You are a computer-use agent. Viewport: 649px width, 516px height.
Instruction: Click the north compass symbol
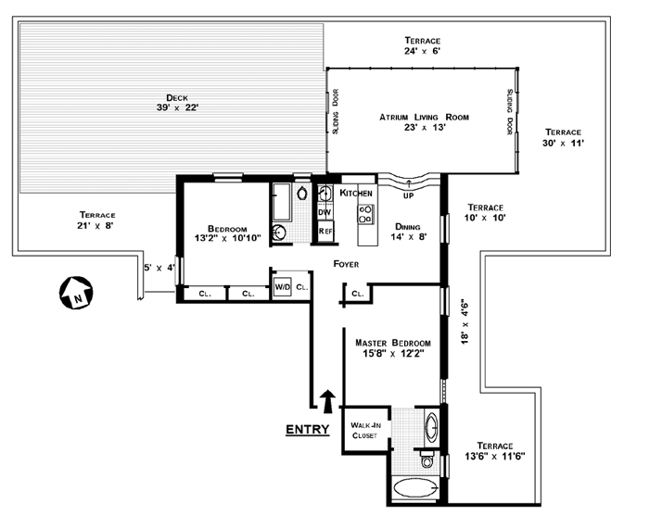pos(76,293)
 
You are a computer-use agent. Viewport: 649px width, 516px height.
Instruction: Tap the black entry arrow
pos(328,401)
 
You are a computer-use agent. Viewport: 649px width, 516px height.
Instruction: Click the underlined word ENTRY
pos(308,430)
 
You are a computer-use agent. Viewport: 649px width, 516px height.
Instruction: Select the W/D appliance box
pos(283,287)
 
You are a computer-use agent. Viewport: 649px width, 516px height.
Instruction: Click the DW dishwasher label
pos(324,212)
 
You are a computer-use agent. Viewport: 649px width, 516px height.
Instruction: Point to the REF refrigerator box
pos(325,231)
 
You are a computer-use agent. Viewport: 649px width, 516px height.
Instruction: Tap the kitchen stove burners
pos(366,214)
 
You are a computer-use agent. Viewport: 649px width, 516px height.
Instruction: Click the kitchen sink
pos(325,193)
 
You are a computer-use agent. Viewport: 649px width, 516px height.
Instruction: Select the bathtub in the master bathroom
pos(415,488)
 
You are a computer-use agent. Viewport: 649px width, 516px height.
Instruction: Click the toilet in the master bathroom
pos(427,459)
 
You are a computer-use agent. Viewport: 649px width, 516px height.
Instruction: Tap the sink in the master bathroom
pos(432,426)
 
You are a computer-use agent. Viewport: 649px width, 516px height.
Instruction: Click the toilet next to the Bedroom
pos(302,193)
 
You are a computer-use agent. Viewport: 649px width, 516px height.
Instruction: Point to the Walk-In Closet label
pos(365,431)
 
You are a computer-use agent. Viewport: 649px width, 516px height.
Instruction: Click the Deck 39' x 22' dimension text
pos(178,107)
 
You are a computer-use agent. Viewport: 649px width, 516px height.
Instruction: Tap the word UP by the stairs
pos(409,195)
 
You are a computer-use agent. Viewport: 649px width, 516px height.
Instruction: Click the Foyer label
pos(347,264)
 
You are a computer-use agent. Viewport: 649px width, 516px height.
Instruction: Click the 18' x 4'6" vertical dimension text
pos(464,321)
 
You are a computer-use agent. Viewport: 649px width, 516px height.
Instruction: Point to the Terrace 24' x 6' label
pos(422,46)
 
